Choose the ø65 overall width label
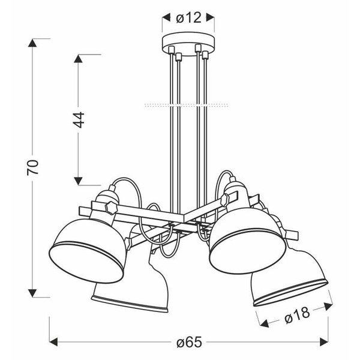click(x=188, y=343)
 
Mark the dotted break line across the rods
click(x=187, y=105)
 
